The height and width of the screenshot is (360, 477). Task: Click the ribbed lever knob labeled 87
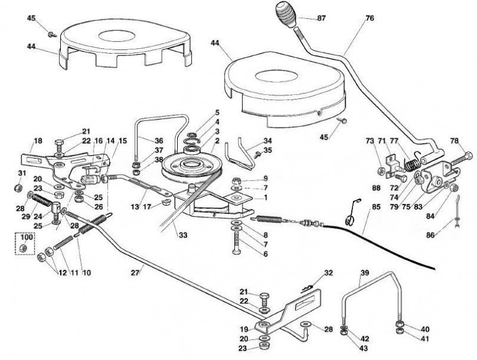[x=286, y=14]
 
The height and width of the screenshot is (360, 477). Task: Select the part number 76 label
[x=370, y=18]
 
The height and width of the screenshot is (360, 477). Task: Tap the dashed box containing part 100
[x=25, y=243]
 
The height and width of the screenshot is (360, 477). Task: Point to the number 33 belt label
[x=183, y=235]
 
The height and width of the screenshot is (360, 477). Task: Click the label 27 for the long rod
[x=135, y=272]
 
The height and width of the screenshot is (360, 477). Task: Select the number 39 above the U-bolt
[x=364, y=273]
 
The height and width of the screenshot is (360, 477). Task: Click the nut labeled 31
[x=18, y=188]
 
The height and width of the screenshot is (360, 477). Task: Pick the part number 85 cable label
[x=376, y=207]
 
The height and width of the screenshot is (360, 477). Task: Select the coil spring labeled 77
[x=413, y=164]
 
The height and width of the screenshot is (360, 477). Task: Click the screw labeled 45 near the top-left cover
[x=52, y=34]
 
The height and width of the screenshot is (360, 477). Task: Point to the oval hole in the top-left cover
[x=117, y=36]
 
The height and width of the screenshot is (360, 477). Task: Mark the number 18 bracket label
[x=38, y=141]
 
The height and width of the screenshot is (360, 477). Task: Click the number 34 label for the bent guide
[x=267, y=141]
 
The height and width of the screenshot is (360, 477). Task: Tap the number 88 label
[x=376, y=188]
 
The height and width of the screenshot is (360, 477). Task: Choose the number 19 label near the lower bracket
[x=244, y=328]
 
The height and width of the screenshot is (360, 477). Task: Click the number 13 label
[x=135, y=207]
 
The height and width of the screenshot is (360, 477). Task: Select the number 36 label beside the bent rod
[x=159, y=141]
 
